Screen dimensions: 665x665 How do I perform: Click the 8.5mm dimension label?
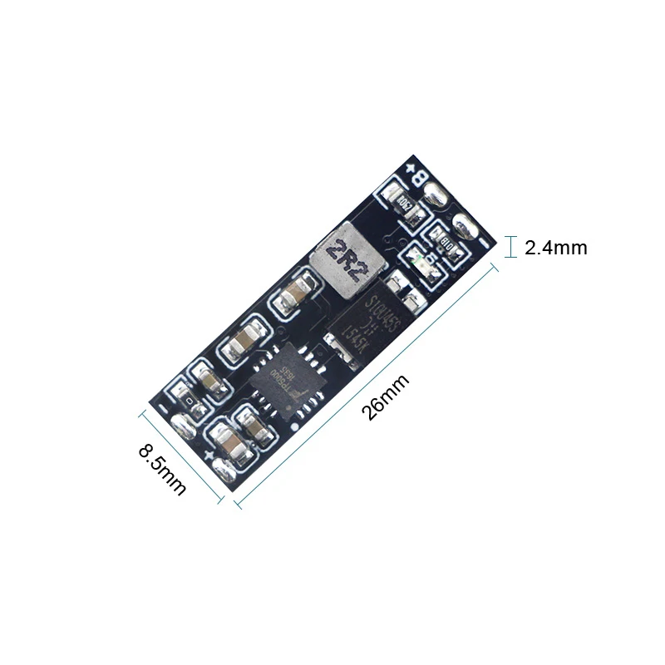pyautogui.click(x=162, y=469)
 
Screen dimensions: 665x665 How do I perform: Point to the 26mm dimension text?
pyautogui.click(x=387, y=399)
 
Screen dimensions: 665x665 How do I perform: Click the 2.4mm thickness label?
pyautogui.click(x=556, y=248)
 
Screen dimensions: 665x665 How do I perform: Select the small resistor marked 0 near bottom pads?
pyautogui.click(x=193, y=402)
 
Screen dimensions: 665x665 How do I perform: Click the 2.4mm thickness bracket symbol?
pyautogui.click(x=510, y=247)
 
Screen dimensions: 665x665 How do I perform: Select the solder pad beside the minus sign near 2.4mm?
pyautogui.click(x=464, y=224)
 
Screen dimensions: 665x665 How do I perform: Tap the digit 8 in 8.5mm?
pyautogui.click(x=146, y=453)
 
